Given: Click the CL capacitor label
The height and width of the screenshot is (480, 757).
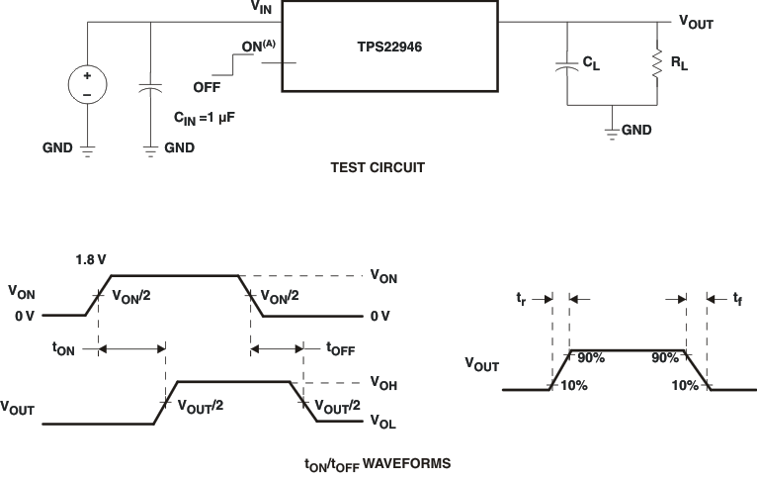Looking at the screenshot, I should (590, 62).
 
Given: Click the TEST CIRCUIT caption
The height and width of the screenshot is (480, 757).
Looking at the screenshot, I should (377, 167).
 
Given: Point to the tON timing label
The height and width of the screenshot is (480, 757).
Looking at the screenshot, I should (64, 347).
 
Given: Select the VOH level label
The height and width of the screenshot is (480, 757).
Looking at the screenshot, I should (384, 381).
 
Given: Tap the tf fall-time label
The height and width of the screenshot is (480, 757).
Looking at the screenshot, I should (736, 297).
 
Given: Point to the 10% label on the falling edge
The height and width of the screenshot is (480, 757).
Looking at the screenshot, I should (683, 385).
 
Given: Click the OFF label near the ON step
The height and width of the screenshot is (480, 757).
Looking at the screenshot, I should (207, 87).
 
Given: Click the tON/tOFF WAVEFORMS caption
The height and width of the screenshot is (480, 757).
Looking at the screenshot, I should (378, 462).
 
